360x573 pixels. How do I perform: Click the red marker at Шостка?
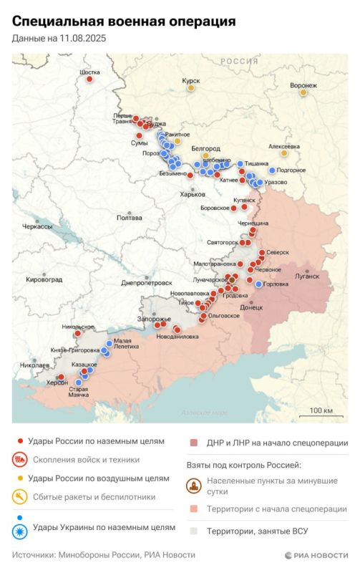89,80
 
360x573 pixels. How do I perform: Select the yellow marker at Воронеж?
303,92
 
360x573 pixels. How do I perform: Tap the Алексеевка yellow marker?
284,153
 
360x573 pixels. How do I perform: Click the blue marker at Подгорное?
271,170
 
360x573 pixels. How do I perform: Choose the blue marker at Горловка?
258,284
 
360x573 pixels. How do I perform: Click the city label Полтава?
130,218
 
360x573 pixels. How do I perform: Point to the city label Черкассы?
38,226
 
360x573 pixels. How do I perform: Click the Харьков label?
192,193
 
